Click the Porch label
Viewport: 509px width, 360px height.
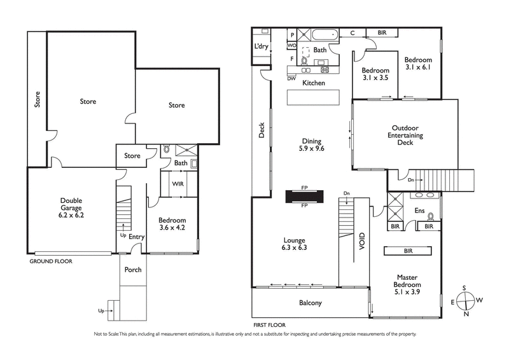(x=132, y=269)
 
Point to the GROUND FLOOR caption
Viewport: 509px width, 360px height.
(x=51, y=261)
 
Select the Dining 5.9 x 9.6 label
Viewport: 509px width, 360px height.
(x=312, y=146)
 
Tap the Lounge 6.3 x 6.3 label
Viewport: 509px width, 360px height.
(x=295, y=244)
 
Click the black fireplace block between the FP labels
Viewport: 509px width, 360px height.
(x=304, y=197)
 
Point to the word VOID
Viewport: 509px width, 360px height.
(x=362, y=244)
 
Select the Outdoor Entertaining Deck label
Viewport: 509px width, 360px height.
(x=405, y=135)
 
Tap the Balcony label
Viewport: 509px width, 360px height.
(x=310, y=303)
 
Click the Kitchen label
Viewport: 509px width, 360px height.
(x=313, y=83)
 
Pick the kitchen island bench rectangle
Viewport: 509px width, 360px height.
(x=313, y=98)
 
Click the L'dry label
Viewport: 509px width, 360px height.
(x=261, y=46)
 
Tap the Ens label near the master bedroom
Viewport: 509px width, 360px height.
(x=419, y=211)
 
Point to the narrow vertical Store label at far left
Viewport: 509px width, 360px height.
(x=37, y=99)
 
